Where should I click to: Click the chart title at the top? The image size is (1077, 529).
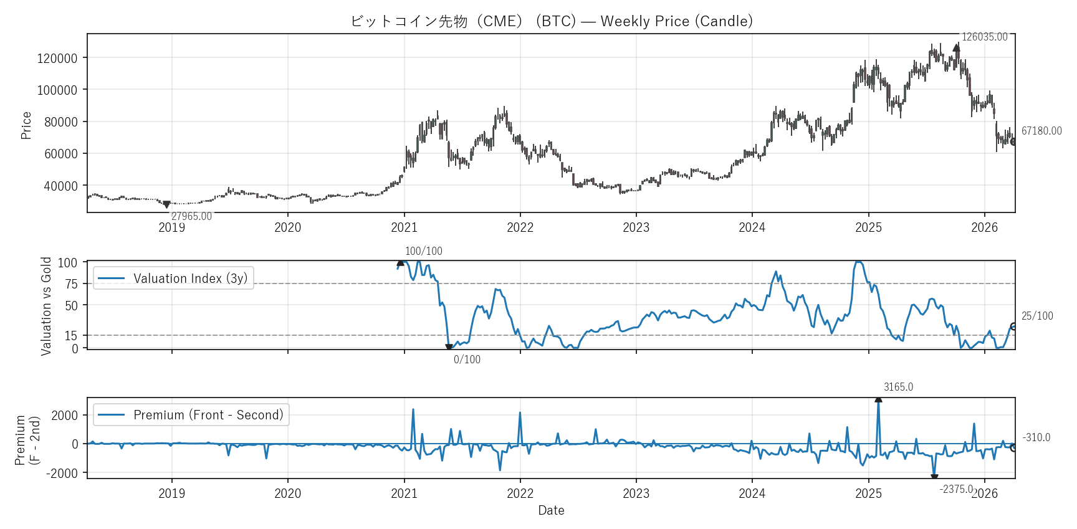pyautogui.click(x=551, y=21)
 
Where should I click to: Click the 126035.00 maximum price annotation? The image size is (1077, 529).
pyautogui.click(x=984, y=37)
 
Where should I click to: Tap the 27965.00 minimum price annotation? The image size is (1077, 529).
pyautogui.click(x=191, y=216)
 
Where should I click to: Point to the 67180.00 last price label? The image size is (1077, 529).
pyautogui.click(x=1041, y=131)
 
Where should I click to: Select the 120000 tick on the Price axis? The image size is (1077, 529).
pyautogui.click(x=57, y=59)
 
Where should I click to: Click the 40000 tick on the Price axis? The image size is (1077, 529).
pyautogui.click(x=60, y=186)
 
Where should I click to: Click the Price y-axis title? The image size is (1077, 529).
pyautogui.click(x=26, y=125)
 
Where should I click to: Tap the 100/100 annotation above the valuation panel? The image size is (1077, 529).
pyautogui.click(x=423, y=251)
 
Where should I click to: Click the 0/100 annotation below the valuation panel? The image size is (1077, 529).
pyautogui.click(x=467, y=360)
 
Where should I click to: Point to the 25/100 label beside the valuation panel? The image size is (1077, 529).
pyautogui.click(x=1036, y=316)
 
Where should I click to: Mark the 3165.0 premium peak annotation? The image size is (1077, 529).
pyautogui.click(x=898, y=387)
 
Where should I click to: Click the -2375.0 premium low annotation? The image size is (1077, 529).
pyautogui.click(x=956, y=489)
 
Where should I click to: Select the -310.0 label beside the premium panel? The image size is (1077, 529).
pyautogui.click(x=1036, y=437)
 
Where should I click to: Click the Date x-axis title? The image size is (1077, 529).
pyautogui.click(x=551, y=510)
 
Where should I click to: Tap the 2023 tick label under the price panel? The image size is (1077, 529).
pyautogui.click(x=636, y=227)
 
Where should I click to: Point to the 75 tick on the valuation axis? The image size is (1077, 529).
pyautogui.click(x=72, y=284)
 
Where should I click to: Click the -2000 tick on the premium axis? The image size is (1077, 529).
pyautogui.click(x=62, y=474)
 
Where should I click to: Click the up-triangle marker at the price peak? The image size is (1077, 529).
pyautogui.click(x=956, y=47)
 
